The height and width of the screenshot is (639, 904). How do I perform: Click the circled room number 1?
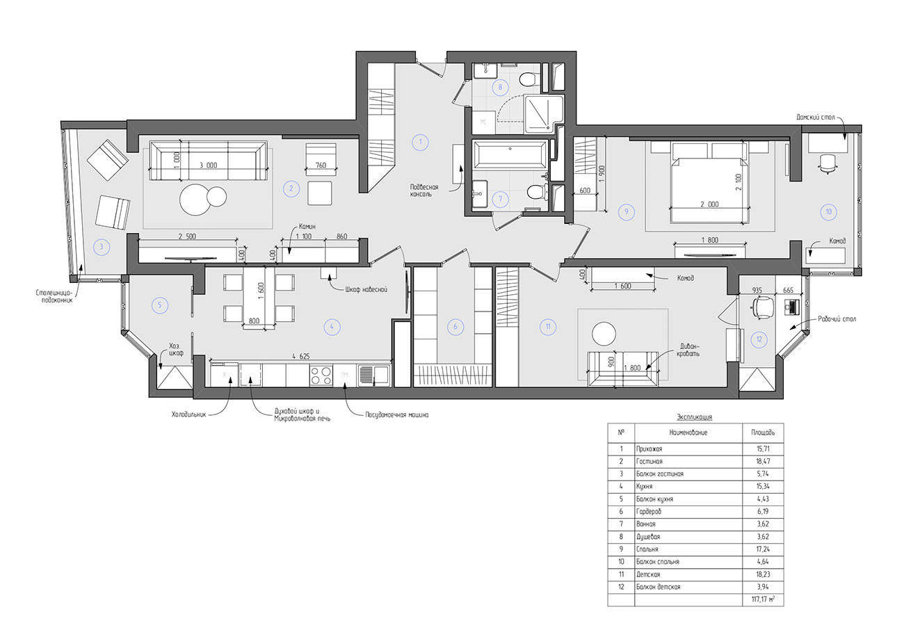click(x=420, y=142)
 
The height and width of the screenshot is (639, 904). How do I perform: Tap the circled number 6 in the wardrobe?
click(x=455, y=326)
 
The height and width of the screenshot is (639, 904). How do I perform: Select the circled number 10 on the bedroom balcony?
click(x=828, y=211)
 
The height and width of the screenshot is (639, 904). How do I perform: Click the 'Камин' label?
click(x=307, y=226)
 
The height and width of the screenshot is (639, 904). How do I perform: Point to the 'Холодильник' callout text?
click(x=189, y=414)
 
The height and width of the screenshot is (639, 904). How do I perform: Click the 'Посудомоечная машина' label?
click(x=396, y=414)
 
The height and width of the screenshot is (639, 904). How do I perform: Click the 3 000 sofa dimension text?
click(x=208, y=165)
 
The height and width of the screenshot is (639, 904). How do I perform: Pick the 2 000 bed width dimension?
click(x=709, y=204)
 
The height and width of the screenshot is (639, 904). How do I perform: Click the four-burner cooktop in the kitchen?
click(x=321, y=375)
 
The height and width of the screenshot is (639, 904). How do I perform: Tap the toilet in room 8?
click(x=529, y=79)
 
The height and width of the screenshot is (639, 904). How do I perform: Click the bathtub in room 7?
click(x=510, y=154)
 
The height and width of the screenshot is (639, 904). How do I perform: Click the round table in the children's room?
click(x=604, y=334)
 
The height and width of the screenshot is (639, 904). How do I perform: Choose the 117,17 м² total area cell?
click(x=763, y=599)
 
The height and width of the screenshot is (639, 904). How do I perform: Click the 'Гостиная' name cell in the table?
click(x=649, y=461)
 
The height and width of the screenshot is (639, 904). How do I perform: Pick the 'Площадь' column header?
click(x=763, y=432)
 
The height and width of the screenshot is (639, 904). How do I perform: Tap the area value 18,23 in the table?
click(x=763, y=574)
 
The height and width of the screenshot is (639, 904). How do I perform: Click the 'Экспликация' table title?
click(x=694, y=417)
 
